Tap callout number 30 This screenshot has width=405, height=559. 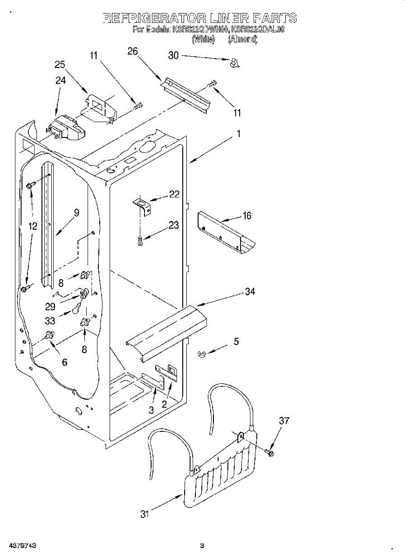pyautogui.click(x=173, y=55)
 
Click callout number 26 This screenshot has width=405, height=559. pyautogui.click(x=132, y=51)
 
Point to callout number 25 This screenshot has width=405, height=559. pyautogui.click(x=60, y=65)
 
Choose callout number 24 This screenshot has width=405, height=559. pyautogui.click(x=61, y=80)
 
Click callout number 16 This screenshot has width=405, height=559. pyautogui.click(x=247, y=215)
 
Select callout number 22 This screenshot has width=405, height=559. pyautogui.click(x=174, y=194)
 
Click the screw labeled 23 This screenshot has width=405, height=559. pyautogui.click(x=141, y=240)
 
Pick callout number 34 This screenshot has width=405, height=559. pyautogui.click(x=250, y=292)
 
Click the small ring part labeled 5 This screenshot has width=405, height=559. pyautogui.click(x=202, y=354)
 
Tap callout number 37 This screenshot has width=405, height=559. pyautogui.click(x=284, y=421)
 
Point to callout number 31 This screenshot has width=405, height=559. pyautogui.click(x=145, y=514)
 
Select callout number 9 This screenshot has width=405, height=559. pyautogui.click(x=76, y=212)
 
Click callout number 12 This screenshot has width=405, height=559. pyautogui.click(x=32, y=226)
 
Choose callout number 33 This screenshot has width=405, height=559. pyautogui.click(x=50, y=321)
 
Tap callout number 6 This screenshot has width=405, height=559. pyautogui.click(x=64, y=362)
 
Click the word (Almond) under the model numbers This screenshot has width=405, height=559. pyautogui.click(x=242, y=39)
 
